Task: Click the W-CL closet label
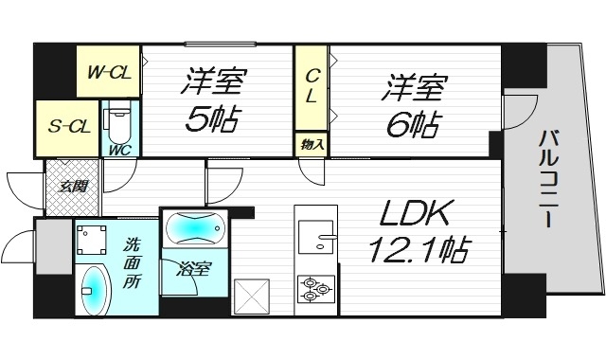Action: click(108, 69)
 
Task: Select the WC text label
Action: click(120, 149)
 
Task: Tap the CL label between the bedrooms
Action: click(311, 85)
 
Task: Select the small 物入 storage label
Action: click(310, 144)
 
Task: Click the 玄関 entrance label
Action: click(73, 187)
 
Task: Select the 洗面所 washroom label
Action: click(133, 261)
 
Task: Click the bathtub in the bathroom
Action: click(194, 229)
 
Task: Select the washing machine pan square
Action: click(93, 240)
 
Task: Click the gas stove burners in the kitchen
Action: click(315, 286)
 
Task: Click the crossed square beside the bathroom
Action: click(252, 295)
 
